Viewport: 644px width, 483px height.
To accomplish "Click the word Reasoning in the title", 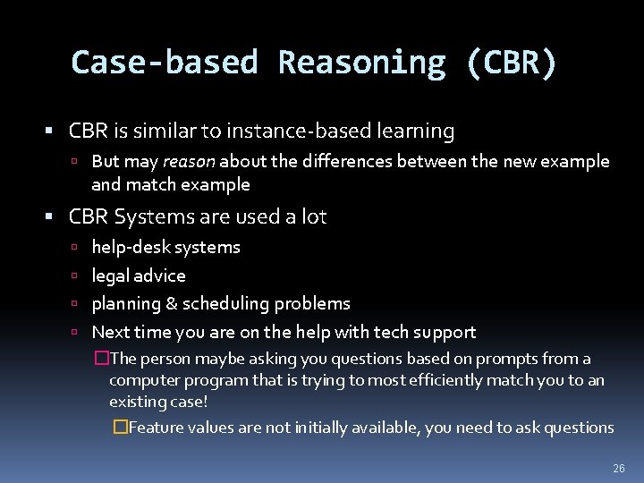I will (361, 63).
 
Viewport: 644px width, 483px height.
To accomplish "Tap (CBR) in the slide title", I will (511, 63).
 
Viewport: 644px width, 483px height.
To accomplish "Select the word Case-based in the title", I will (165, 63).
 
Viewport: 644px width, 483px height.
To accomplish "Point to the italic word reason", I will (189, 162).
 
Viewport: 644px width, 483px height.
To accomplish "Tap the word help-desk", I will (130, 248).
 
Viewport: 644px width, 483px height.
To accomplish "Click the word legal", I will (111, 276).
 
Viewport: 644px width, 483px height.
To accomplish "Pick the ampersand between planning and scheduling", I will (172, 304).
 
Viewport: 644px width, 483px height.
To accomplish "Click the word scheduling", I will (226, 304).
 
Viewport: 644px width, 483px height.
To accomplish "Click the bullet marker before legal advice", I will (78, 276).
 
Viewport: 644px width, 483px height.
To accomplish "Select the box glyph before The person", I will (101, 359).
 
